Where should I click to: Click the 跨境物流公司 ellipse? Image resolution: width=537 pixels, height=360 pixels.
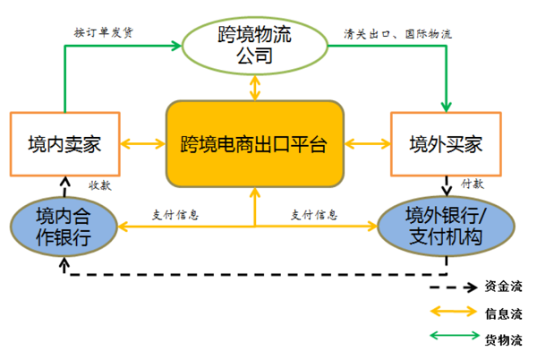click(257, 45)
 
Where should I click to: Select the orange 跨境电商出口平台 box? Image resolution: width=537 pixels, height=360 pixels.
click(255, 142)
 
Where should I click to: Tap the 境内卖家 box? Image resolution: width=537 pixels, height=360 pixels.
click(63, 142)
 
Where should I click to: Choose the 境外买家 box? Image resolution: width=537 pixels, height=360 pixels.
click(444, 142)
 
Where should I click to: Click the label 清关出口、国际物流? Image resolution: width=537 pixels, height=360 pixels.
click(397, 34)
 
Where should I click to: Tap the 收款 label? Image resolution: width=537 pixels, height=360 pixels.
click(98, 185)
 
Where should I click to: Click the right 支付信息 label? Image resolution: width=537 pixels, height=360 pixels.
click(313, 215)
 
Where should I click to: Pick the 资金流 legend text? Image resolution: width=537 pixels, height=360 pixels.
click(504, 287)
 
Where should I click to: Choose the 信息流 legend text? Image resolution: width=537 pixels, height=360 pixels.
click(504, 313)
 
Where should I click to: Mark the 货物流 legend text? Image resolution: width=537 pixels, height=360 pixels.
click(504, 339)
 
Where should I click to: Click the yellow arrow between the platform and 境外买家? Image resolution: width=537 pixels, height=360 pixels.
click(368, 142)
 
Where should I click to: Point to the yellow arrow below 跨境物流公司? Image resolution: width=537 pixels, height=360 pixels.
click(256, 86)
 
